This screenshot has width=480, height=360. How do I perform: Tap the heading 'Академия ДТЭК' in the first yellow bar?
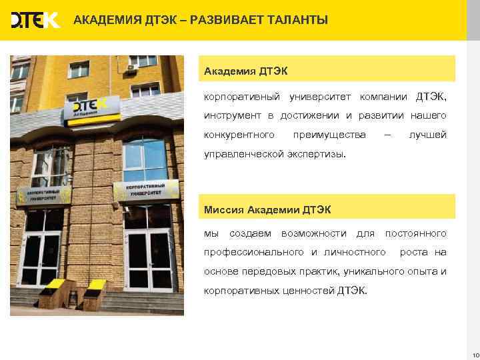click(x=245, y=69)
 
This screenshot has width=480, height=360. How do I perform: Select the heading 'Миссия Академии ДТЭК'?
click(x=267, y=210)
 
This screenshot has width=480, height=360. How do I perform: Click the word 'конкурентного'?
click(x=239, y=135)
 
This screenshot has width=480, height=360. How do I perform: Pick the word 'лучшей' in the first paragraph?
click(x=427, y=135)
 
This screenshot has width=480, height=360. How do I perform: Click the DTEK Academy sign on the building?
click(x=93, y=109)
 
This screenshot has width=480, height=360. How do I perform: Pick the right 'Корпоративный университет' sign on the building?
click(x=146, y=190)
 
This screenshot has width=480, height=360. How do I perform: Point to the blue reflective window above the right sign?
click(x=144, y=156)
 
